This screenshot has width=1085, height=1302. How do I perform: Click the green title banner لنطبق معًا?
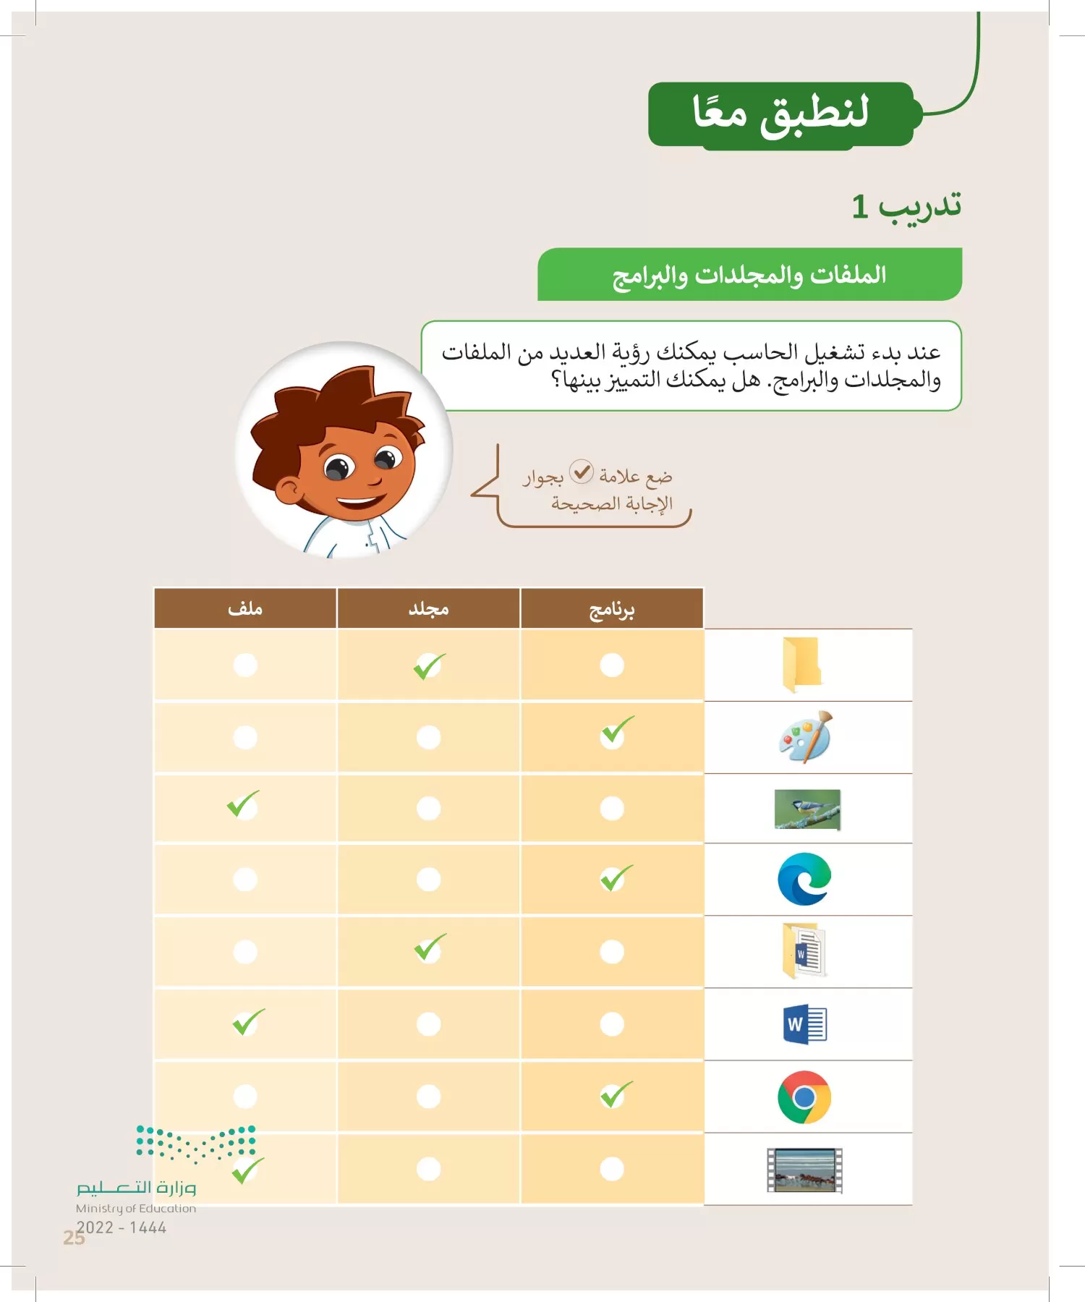781,114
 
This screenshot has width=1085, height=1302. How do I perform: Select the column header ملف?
245,609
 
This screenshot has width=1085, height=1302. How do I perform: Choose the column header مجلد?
428,609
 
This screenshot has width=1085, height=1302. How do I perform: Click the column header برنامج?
612,609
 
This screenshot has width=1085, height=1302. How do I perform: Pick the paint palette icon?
806,736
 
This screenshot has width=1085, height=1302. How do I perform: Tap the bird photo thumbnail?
807,809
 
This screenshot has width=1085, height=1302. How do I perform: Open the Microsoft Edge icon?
804,880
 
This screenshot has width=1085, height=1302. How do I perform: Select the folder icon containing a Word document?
804,952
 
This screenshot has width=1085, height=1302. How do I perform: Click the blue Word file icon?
804,1024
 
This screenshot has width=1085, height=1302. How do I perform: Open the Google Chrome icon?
804,1097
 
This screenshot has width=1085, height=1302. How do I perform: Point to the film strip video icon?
804,1170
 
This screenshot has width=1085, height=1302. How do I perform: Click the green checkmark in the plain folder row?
429,665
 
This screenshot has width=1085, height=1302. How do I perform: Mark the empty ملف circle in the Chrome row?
245,1097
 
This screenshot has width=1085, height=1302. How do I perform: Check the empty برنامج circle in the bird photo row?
612,808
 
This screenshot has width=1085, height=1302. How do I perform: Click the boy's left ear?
289,492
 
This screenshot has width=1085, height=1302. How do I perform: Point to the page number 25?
73,1238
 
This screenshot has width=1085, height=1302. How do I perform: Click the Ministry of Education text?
136,1209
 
